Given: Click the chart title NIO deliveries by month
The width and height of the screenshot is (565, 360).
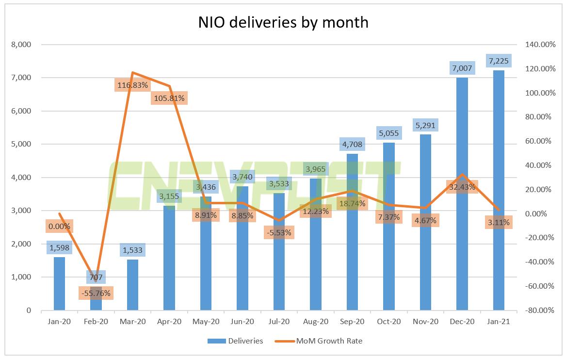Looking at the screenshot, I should [283, 22].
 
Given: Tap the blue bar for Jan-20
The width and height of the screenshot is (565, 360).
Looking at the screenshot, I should [59, 286].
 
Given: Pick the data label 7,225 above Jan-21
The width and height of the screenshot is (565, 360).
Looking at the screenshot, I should [499, 61].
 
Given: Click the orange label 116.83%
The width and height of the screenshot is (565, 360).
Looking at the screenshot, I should [132, 85].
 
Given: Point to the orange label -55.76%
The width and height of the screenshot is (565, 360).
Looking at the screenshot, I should [96, 293].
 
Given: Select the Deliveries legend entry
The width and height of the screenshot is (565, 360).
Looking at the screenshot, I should [235, 341].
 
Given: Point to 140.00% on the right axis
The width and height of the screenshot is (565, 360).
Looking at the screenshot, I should [539, 45].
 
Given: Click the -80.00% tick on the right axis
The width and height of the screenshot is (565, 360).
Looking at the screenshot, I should [539, 311].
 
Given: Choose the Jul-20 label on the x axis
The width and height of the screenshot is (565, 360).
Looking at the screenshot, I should [279, 322].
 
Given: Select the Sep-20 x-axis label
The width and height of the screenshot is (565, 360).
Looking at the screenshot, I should [352, 322].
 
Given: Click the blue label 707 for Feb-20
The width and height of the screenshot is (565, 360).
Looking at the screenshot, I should [96, 278].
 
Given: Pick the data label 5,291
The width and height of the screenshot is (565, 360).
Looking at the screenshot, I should [425, 125].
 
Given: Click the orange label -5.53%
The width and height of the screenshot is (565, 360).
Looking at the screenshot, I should [279, 232].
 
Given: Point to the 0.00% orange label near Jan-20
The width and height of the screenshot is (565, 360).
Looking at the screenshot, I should [59, 226].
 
